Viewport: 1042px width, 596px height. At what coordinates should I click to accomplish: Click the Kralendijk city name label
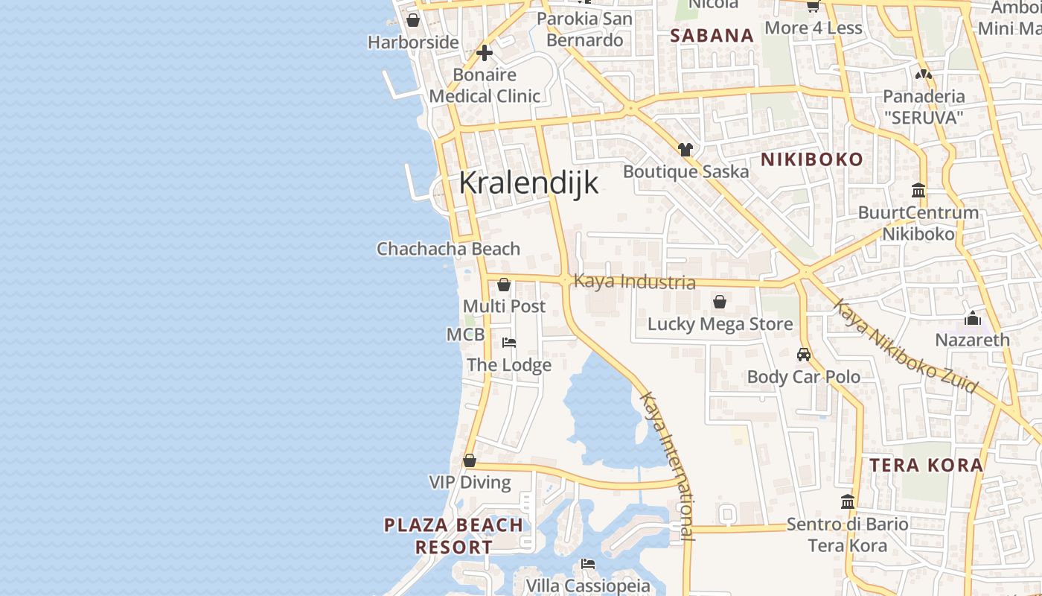(528, 183)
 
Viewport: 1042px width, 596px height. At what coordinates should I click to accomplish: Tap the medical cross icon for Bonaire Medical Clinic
(485, 53)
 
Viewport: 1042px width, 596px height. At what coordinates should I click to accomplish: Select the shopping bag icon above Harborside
(413, 20)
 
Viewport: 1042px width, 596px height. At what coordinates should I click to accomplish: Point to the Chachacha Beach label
(448, 249)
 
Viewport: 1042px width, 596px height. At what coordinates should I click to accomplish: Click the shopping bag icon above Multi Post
(504, 285)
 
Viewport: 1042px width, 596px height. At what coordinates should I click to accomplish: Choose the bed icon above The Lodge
(509, 343)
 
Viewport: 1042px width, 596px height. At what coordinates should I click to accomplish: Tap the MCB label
(465, 335)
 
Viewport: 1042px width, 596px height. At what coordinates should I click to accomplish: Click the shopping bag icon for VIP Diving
(470, 461)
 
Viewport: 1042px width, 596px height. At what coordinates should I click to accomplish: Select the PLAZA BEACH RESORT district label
(453, 536)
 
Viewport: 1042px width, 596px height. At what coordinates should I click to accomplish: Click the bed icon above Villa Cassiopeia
(588, 564)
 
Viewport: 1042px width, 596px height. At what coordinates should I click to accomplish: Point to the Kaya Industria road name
(635, 282)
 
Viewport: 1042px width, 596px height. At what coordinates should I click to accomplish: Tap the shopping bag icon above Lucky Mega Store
(720, 302)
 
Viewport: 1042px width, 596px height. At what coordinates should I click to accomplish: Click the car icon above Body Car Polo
(804, 354)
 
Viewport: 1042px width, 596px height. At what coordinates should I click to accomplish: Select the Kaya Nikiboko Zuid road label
(904, 346)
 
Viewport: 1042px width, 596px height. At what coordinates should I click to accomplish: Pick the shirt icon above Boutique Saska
(685, 150)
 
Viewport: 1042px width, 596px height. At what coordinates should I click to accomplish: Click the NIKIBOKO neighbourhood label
(811, 159)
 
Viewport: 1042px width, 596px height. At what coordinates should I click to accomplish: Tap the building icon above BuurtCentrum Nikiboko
(918, 191)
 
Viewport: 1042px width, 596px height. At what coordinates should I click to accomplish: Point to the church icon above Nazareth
(972, 319)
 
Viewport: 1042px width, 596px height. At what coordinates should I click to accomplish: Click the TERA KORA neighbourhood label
(926, 466)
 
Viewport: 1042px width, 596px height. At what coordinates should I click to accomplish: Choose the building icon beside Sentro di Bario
(848, 501)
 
